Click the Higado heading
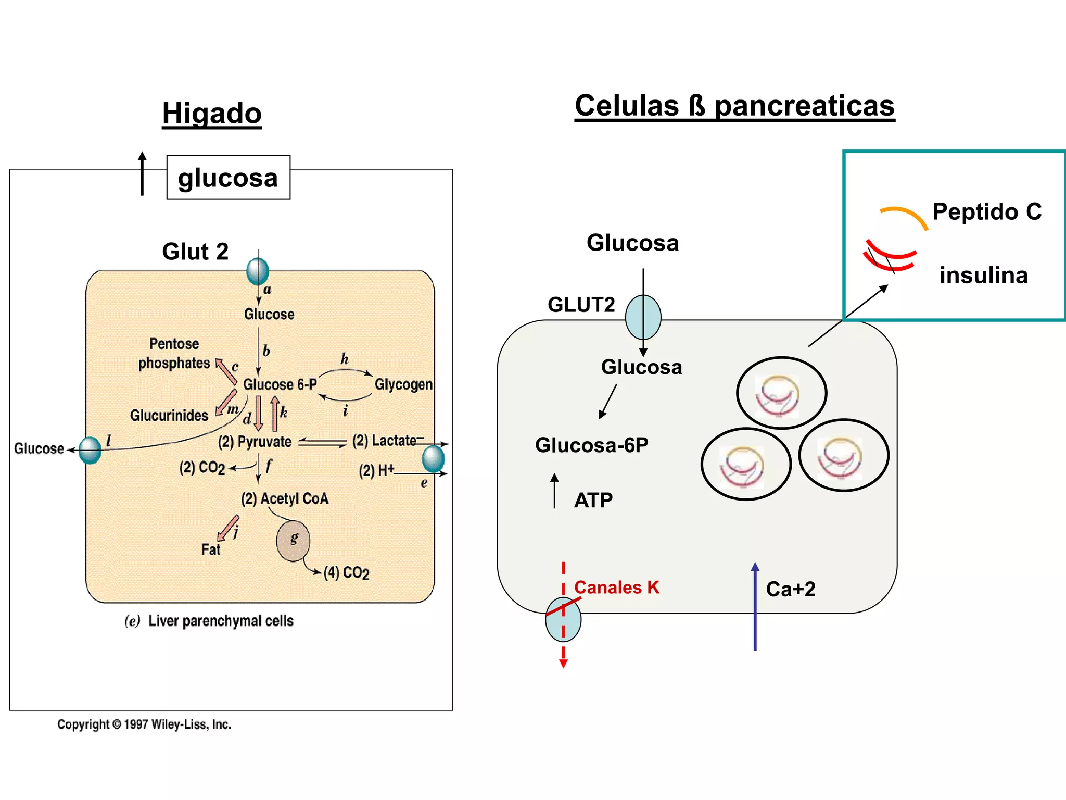point(212,114)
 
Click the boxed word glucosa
point(228,178)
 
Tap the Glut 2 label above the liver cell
point(195,252)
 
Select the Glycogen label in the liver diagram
point(403,384)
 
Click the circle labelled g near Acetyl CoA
point(293,541)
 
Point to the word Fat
point(211,549)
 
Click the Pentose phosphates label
point(174,353)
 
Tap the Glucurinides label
point(169,415)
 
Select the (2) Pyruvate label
point(255,442)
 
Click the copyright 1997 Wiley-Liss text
point(144,724)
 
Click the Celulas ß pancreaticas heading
point(734,106)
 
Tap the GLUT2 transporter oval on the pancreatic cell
point(643,317)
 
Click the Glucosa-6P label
point(592,445)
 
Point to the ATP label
point(593,500)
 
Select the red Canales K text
point(617,587)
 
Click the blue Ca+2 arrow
point(755,607)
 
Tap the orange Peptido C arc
point(905,215)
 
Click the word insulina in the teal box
point(983,275)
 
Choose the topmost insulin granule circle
point(781,393)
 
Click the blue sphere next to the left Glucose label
point(90,450)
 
